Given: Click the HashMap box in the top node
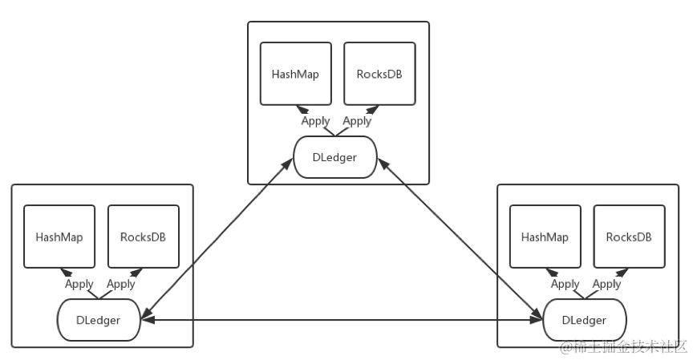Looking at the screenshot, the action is click(x=296, y=74).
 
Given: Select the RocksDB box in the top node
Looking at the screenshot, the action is click(x=379, y=74).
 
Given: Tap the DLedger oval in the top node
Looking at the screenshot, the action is click(x=335, y=157).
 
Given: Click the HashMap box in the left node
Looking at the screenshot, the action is click(x=59, y=237).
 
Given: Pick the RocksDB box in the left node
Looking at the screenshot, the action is click(x=144, y=237).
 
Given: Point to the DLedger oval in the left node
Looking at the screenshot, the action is click(x=99, y=320).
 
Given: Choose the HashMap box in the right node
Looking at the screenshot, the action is click(x=545, y=237).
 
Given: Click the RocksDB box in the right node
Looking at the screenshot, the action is click(x=629, y=237).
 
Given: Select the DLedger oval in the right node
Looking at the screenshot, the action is click(x=584, y=320).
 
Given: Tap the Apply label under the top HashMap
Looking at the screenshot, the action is click(x=315, y=121).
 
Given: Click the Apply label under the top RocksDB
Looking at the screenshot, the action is click(x=357, y=121).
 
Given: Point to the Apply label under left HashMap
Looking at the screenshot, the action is click(x=79, y=284).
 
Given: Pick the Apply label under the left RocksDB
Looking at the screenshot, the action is click(x=120, y=284).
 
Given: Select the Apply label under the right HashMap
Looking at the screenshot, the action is click(x=565, y=284).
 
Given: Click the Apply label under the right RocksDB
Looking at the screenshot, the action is click(x=606, y=284).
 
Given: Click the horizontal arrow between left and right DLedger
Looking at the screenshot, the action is click(x=342, y=319).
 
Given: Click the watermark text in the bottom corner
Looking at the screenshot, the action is click(x=623, y=347).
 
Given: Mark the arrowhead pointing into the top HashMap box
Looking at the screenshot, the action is click(x=302, y=109).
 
